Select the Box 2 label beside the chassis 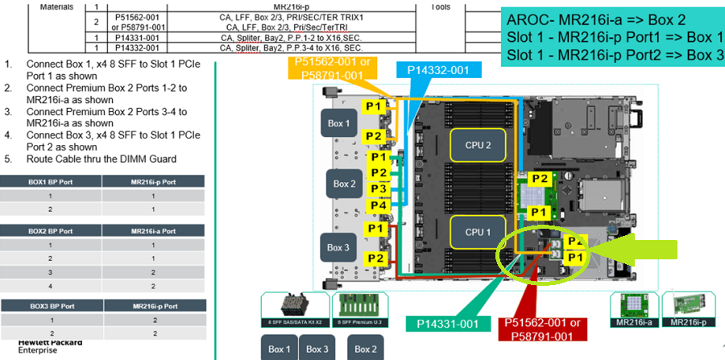(345, 184)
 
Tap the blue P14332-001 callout (437, 70)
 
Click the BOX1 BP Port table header (52, 182)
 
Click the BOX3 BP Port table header (52, 307)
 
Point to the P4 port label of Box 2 (378, 205)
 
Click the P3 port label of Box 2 (378, 189)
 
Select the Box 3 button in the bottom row (317, 349)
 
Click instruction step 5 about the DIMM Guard (101, 159)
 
